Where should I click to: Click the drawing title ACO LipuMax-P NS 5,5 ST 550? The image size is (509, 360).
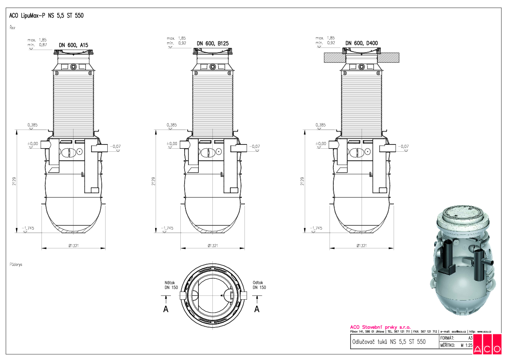[x=46, y=16]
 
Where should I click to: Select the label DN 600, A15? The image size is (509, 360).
[x=73, y=44]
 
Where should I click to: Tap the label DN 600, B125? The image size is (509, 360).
[x=212, y=43]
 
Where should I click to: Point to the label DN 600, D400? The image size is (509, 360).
[x=361, y=43]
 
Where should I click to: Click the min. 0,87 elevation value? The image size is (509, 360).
[x=38, y=44]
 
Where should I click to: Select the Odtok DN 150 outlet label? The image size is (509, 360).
[x=259, y=285]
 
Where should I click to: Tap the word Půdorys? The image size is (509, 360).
[x=16, y=265]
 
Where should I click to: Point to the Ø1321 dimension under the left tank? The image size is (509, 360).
[x=74, y=245]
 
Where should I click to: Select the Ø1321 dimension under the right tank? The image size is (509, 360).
[x=362, y=245]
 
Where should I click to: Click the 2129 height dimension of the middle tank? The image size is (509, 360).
[x=153, y=181]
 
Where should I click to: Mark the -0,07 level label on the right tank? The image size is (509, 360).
[x=403, y=147]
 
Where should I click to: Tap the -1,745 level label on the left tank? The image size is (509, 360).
[x=28, y=228]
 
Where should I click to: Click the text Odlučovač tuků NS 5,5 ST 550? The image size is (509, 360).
[x=388, y=342]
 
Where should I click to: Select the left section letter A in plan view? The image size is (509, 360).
[x=166, y=310]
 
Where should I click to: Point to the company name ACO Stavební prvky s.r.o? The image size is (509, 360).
[x=380, y=327]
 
